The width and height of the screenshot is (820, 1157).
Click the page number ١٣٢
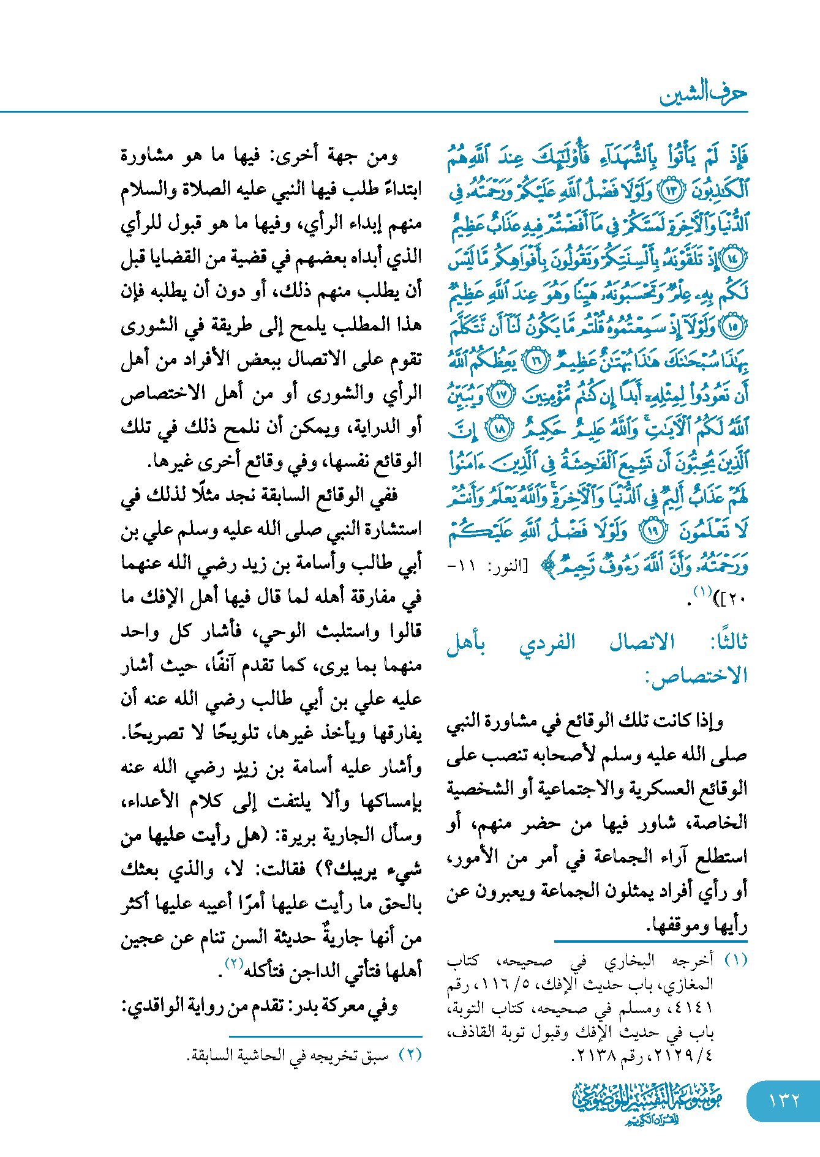(784, 1100)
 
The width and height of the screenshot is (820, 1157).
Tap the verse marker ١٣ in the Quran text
(669, 191)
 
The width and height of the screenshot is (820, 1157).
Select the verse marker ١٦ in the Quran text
(536, 361)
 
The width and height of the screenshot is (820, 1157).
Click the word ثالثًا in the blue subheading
(728, 642)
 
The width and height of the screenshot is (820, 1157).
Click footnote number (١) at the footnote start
(735, 960)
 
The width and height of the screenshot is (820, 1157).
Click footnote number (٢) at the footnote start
(410, 1055)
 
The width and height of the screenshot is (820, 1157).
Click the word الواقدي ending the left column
(153, 1006)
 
